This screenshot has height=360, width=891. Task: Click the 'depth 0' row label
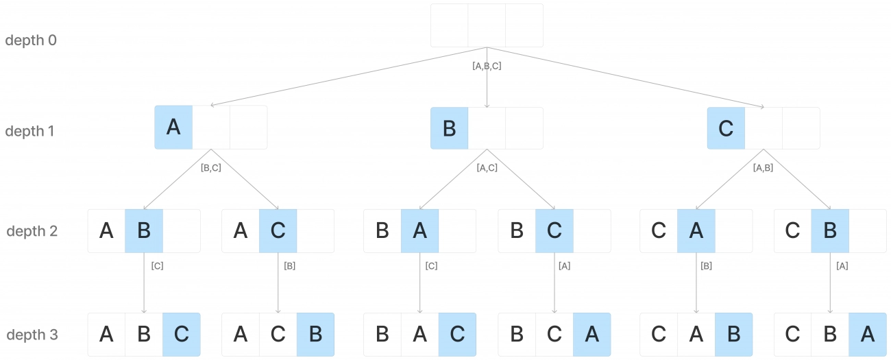tap(31, 40)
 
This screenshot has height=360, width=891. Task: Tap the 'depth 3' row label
tap(32, 335)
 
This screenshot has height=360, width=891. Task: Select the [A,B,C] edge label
tap(487, 66)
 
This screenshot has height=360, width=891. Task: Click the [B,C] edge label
tap(211, 167)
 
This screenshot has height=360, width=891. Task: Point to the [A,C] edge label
tap(487, 167)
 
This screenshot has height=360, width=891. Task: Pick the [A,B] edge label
tap(763, 167)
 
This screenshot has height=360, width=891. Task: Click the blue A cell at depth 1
tap(173, 128)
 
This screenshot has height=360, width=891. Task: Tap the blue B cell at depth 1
tap(450, 128)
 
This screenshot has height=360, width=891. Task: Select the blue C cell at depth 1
tap(726, 128)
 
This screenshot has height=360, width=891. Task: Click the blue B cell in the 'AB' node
tap(144, 230)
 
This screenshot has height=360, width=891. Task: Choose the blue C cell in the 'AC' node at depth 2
tap(278, 230)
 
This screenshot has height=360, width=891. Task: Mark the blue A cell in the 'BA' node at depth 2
tap(419, 230)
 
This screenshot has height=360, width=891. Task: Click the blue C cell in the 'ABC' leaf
tap(182, 335)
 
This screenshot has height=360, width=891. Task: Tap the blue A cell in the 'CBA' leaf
tap(868, 335)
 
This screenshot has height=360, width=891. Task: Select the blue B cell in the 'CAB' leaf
tap(733, 335)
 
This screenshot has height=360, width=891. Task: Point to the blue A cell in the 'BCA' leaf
tap(592, 335)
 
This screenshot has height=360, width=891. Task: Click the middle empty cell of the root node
tap(487, 25)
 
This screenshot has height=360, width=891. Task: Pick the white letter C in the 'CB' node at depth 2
tap(792, 230)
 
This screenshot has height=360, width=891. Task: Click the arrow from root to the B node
tap(487, 77)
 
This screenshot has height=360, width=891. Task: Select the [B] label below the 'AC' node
tap(289, 266)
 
